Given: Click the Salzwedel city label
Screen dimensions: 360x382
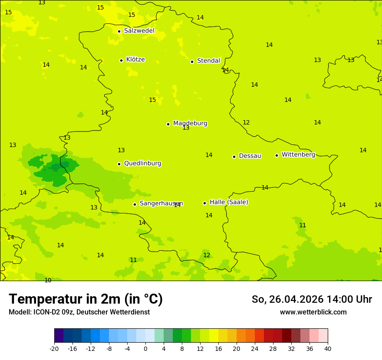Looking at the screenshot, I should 139,31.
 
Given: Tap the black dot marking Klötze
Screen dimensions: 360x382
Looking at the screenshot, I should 121,60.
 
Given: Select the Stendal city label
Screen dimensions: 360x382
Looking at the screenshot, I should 208,61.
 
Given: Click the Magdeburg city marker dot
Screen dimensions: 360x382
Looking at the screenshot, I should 168,124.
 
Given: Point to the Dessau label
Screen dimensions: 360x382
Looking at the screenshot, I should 250,156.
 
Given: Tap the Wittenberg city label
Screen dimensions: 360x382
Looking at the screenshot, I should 298,155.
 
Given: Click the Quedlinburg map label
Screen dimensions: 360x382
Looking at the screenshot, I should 142,164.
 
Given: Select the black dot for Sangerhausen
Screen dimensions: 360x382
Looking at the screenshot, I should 135,204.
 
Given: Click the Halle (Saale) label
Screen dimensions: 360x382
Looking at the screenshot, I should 229,202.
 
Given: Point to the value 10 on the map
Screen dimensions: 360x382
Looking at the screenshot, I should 48,281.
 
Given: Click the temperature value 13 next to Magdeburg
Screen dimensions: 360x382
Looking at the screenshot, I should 186,128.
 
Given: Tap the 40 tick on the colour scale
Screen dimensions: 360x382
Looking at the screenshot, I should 327,349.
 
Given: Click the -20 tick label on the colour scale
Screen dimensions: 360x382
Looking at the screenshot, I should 54,349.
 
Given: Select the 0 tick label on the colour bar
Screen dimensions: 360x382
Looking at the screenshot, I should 145,349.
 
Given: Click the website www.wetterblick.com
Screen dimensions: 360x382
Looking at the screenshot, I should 313,312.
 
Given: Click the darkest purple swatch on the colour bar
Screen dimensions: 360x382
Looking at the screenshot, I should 59,336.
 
